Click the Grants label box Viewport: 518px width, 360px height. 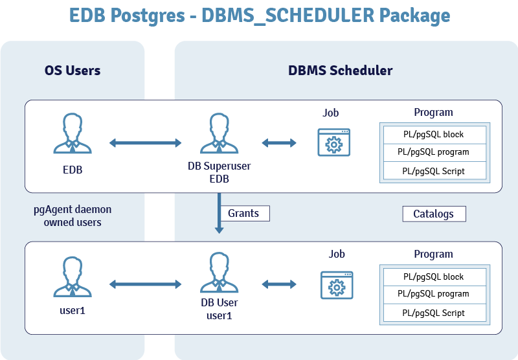coord(244,213)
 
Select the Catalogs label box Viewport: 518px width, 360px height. coord(434,214)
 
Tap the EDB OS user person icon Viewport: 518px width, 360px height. coord(73,135)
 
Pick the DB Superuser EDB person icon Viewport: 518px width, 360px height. coord(220,134)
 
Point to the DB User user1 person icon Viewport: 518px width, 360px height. coord(220,275)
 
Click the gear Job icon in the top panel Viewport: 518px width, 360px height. coord(334,142)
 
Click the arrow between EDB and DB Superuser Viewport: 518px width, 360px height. coord(146,142)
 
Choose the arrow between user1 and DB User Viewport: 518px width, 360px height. coord(146,284)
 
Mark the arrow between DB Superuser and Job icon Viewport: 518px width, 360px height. coord(278,142)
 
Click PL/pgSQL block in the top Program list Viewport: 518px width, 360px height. coord(433,135)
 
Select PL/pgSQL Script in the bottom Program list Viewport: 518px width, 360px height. coord(433,313)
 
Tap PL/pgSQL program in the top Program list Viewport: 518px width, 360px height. coord(433,153)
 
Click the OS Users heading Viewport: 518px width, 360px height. coord(73,71)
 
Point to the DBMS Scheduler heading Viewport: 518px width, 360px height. coord(340,71)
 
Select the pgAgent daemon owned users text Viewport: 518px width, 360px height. coord(73,216)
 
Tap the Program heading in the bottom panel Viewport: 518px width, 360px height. coord(433,254)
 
